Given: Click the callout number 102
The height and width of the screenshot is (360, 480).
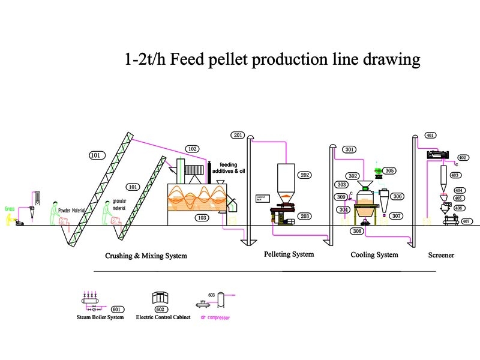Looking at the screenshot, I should [x=192, y=149].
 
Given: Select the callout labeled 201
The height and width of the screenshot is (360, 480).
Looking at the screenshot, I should [x=238, y=135].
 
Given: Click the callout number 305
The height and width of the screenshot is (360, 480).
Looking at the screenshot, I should [x=390, y=170].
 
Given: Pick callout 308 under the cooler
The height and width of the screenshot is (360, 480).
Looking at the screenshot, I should [x=358, y=231].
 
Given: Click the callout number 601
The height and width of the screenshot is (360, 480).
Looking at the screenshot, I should [x=116, y=309].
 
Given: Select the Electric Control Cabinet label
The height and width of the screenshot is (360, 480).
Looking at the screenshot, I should [x=161, y=317].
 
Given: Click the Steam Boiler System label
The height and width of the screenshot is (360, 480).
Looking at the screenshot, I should [x=100, y=317].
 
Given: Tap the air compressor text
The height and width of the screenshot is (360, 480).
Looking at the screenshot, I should [x=214, y=317].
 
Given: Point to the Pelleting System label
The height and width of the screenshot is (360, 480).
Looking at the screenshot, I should [x=289, y=254].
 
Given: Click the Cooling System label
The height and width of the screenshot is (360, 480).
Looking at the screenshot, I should [x=374, y=255].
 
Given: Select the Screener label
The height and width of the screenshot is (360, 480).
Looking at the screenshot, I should [x=441, y=255].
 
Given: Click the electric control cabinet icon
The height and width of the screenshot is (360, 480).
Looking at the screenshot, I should [x=161, y=298].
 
